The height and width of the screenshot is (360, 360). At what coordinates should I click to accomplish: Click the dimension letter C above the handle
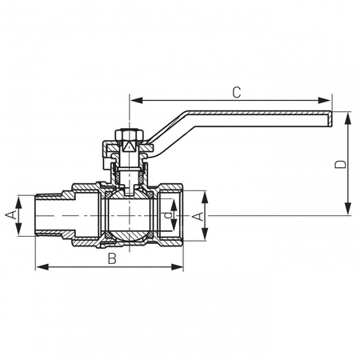tap(236, 92)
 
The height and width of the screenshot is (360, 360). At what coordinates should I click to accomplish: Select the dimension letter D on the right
tap(340, 164)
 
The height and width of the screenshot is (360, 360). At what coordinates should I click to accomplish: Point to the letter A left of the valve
tap(10, 215)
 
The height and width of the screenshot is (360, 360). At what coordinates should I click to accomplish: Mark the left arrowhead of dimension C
tap(134, 101)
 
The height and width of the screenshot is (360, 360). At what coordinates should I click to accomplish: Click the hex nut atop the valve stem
tap(128, 134)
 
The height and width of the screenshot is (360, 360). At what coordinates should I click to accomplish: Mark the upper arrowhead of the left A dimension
tap(19, 200)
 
